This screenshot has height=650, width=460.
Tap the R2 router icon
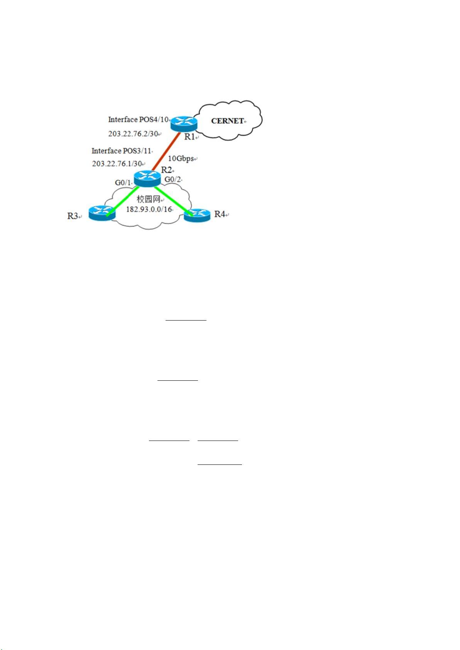[x=147, y=178]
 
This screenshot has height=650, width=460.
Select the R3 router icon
[x=102, y=213]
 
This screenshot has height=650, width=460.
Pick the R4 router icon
[x=197, y=215]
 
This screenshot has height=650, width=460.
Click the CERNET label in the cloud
[x=227, y=121]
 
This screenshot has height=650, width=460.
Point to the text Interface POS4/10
[x=138, y=119]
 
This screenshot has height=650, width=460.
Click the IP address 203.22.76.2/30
[x=133, y=133]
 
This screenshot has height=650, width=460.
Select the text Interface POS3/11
[x=121, y=150]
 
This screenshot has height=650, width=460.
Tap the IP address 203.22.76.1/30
[x=117, y=164]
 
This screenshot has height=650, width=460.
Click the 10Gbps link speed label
[x=181, y=159]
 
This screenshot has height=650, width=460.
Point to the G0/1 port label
[x=123, y=182]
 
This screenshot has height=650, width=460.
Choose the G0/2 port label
[x=172, y=179]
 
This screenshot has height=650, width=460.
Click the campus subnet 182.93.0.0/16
[x=149, y=209]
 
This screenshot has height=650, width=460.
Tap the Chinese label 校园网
[x=149, y=199]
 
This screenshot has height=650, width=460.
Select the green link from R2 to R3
[x=123, y=201]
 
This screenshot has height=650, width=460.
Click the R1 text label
[x=189, y=137]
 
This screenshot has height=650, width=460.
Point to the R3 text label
[x=73, y=216]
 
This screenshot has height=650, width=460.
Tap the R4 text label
[x=220, y=214]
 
